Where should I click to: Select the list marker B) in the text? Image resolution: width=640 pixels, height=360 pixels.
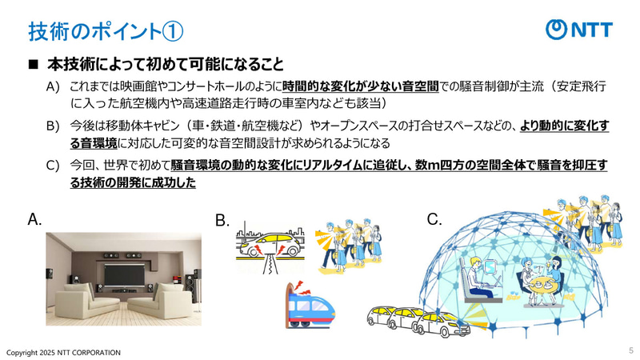[x=54, y=126]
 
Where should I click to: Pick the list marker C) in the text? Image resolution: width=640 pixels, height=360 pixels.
[x=54, y=165]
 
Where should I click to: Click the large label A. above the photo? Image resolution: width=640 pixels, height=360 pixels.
[x=34, y=218]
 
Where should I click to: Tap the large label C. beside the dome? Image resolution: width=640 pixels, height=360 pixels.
[x=434, y=218]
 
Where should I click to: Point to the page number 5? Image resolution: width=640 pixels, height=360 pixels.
[x=630, y=351]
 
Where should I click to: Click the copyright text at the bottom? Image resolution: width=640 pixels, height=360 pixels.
[x=64, y=352]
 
